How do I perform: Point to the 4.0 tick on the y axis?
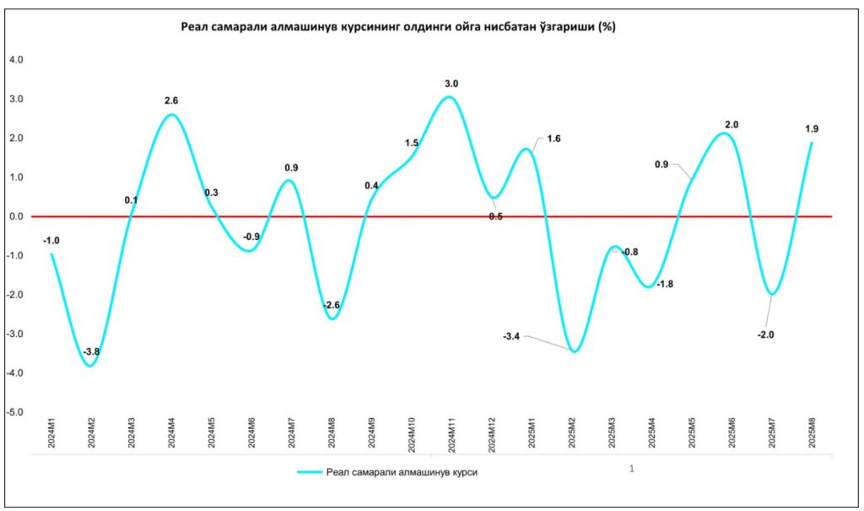click(x=16, y=60)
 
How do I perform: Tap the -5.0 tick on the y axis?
click(x=15, y=412)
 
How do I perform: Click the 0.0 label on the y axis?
click(x=16, y=217)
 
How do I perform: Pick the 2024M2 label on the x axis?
click(x=91, y=431)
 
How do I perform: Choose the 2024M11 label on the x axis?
click(x=451, y=432)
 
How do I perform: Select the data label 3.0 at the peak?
click(x=451, y=84)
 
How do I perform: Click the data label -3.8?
click(x=91, y=351)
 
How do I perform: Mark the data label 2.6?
click(x=171, y=101)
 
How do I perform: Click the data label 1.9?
click(x=812, y=129)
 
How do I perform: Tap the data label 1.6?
click(x=554, y=139)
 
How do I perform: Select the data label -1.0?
click(x=51, y=241)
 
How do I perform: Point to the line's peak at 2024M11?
click(x=450, y=97)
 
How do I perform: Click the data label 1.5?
click(x=411, y=144)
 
